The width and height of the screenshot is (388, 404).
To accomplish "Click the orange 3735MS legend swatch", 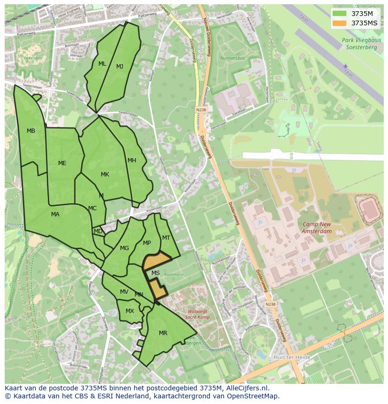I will [340, 23].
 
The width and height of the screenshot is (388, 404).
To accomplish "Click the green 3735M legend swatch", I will [340, 14].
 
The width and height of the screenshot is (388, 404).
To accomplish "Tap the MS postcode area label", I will [156, 273].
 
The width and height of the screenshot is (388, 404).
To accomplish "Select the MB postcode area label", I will [31, 131].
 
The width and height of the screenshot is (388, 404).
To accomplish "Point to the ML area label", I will [102, 64].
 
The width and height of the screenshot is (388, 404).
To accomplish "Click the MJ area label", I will [120, 67].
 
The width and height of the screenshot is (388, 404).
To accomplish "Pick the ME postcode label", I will [62, 163].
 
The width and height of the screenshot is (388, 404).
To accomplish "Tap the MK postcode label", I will [105, 175].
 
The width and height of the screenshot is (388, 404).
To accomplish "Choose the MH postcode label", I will [132, 160].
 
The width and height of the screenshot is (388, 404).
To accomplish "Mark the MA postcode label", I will [55, 214].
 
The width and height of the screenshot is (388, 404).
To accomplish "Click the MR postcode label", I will [163, 333].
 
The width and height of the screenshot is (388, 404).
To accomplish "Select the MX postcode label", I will [130, 311].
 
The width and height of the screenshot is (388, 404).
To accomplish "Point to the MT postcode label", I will [166, 238].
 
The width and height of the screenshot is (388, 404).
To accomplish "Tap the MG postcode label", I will [124, 248].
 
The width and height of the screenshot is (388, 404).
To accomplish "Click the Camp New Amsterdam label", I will [317, 228].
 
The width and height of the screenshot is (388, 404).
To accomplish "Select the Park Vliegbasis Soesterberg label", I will [362, 44].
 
